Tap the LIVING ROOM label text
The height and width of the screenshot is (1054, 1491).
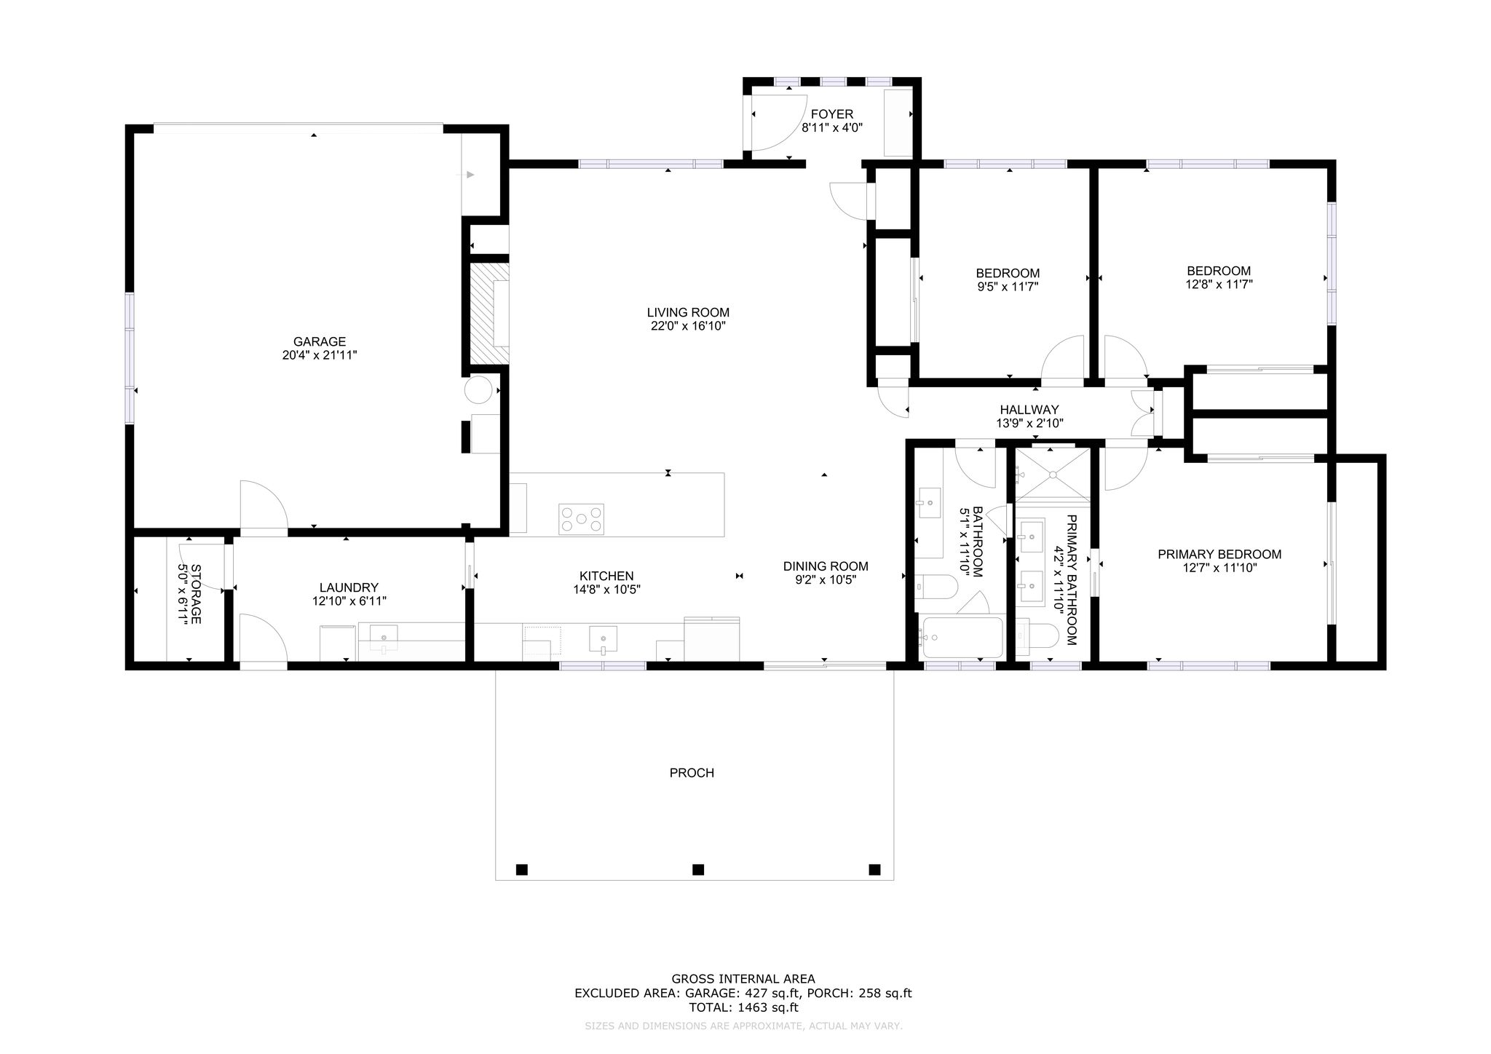[x=688, y=313]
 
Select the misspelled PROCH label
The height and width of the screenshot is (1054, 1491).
[x=692, y=773]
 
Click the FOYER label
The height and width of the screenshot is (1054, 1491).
[x=832, y=114]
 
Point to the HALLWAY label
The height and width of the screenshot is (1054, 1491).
[x=1029, y=410]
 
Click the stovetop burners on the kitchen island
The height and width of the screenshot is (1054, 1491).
[x=581, y=520]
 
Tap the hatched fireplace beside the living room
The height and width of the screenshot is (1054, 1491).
[x=489, y=313]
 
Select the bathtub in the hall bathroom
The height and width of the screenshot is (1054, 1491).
[x=961, y=638]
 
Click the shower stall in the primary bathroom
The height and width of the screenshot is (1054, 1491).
[x=1053, y=475]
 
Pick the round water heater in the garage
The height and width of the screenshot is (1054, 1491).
[x=479, y=389]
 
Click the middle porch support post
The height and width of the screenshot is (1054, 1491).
[x=698, y=869]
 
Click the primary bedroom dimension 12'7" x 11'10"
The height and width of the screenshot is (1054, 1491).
[x=1220, y=568]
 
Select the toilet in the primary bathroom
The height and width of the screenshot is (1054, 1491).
[x=1037, y=635]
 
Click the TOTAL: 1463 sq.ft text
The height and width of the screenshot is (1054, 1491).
[x=743, y=1008]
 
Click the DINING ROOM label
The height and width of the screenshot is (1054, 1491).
[x=826, y=566]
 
